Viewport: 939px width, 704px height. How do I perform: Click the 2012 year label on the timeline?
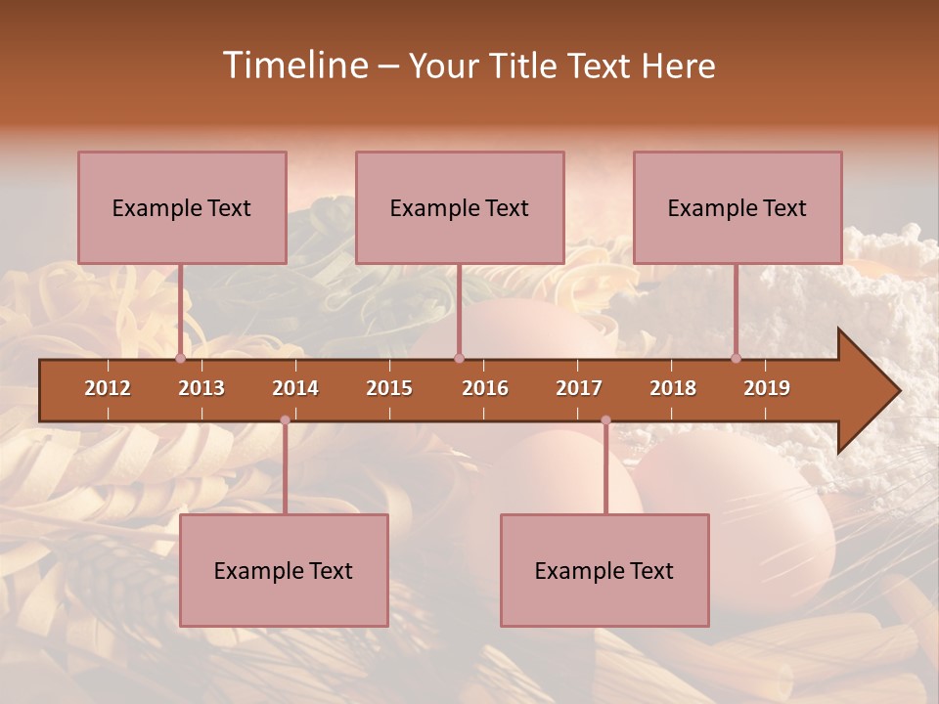[108, 388]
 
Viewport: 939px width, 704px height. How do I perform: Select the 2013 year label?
[201, 388]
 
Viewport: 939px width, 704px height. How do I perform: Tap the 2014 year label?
[295, 388]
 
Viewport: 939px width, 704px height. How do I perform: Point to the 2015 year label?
[389, 388]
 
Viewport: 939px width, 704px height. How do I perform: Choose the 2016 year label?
[485, 388]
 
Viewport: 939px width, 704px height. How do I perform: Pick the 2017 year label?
[579, 388]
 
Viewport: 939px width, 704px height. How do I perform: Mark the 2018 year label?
[673, 388]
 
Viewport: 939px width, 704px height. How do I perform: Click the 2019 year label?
[767, 388]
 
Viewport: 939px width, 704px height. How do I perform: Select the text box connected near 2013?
[182, 207]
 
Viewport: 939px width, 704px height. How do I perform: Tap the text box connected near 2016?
[460, 207]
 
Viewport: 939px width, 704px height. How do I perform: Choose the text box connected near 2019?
[738, 207]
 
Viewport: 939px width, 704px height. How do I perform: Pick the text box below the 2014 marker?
[284, 570]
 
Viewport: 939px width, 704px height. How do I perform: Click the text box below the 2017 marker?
[604, 570]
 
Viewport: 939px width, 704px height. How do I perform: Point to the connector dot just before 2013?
[180, 359]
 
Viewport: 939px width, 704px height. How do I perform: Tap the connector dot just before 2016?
[459, 359]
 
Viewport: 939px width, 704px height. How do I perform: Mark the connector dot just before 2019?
[737, 359]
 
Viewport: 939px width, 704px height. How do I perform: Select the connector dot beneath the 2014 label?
[285, 420]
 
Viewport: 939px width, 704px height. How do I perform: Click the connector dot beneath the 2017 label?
[605, 420]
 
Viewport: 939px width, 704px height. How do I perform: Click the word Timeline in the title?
[293, 66]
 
